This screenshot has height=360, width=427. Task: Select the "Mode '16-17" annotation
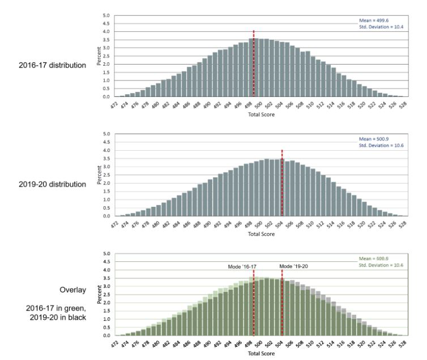(x=242, y=266)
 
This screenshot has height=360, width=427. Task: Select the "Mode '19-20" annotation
(x=294, y=266)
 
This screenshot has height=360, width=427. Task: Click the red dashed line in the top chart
(x=254, y=62)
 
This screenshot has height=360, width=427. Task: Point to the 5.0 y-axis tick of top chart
(x=106, y=15)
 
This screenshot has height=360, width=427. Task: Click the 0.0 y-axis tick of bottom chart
(x=106, y=336)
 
